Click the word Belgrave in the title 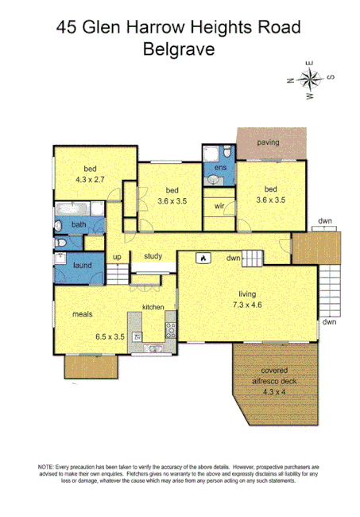click(180, 49)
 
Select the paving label click(268, 142)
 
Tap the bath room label click(78, 224)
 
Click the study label click(153, 256)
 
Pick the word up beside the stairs click(117, 257)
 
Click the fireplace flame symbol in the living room click(203, 258)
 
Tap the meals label click(83, 314)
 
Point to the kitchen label click(153, 307)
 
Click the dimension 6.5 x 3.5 click(110, 336)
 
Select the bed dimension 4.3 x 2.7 click(89, 181)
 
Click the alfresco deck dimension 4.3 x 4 click(274, 392)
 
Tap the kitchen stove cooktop click(169, 326)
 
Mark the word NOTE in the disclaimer click(46, 466)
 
